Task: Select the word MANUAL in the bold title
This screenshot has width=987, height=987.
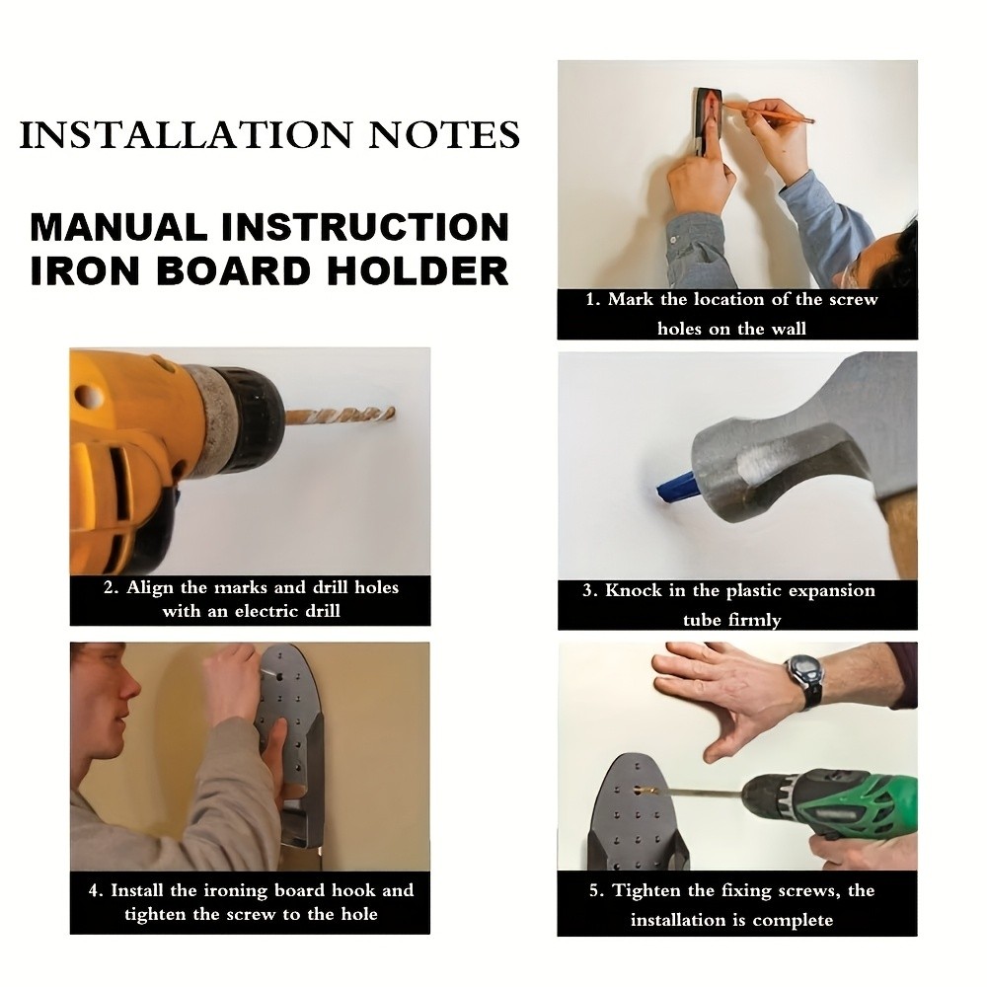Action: click(119, 227)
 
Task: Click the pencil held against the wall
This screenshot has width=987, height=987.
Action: click(768, 113)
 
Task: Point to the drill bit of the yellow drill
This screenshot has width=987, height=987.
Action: click(340, 417)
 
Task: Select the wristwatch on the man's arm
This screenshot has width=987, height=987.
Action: click(805, 680)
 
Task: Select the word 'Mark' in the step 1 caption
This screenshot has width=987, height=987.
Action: click(631, 299)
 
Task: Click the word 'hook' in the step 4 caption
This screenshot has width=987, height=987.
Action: click(353, 890)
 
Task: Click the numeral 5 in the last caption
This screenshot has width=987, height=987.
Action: click(594, 890)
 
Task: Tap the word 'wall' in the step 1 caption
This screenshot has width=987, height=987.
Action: click(788, 329)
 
